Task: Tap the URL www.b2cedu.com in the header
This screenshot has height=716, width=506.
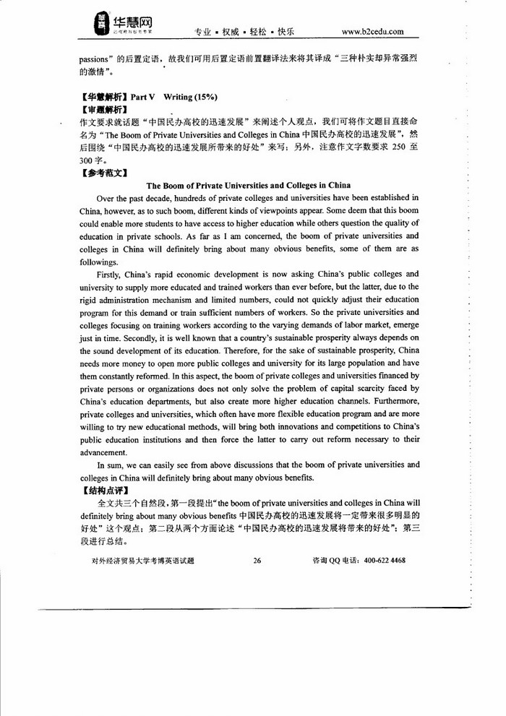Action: coord(372,32)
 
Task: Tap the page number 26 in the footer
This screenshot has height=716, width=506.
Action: coord(257,559)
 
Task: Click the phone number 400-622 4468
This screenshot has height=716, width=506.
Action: coord(385,559)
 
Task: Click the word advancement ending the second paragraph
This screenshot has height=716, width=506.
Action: coord(104,452)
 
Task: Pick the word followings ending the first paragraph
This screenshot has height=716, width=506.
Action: coord(99,262)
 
